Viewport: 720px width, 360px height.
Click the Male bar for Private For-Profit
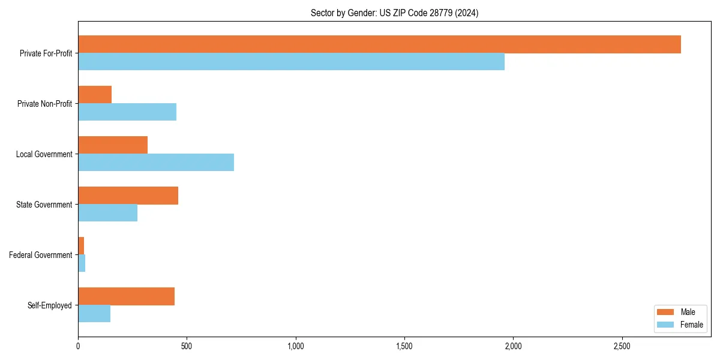point(379,44)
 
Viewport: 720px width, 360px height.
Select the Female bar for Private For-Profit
point(291,62)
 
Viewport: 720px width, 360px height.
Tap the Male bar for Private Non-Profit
point(95,95)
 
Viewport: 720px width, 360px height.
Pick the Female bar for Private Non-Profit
point(127,112)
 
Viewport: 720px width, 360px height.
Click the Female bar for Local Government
point(156,163)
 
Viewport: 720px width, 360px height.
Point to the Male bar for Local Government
point(113,145)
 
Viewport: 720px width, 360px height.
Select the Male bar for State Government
point(128,196)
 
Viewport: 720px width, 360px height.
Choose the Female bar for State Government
point(107,213)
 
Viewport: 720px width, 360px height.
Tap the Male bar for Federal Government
point(81,246)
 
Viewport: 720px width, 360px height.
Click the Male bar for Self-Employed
point(126,296)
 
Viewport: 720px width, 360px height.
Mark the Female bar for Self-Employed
point(94,314)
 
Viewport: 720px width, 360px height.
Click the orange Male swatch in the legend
point(666,312)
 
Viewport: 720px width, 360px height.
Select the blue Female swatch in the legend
point(666,325)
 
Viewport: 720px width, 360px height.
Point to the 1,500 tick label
point(404,346)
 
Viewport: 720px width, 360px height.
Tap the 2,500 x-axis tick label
point(622,346)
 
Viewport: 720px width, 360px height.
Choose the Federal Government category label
point(41,255)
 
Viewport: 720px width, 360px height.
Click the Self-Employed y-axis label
point(50,305)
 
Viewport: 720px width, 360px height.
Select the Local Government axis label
point(44,154)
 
